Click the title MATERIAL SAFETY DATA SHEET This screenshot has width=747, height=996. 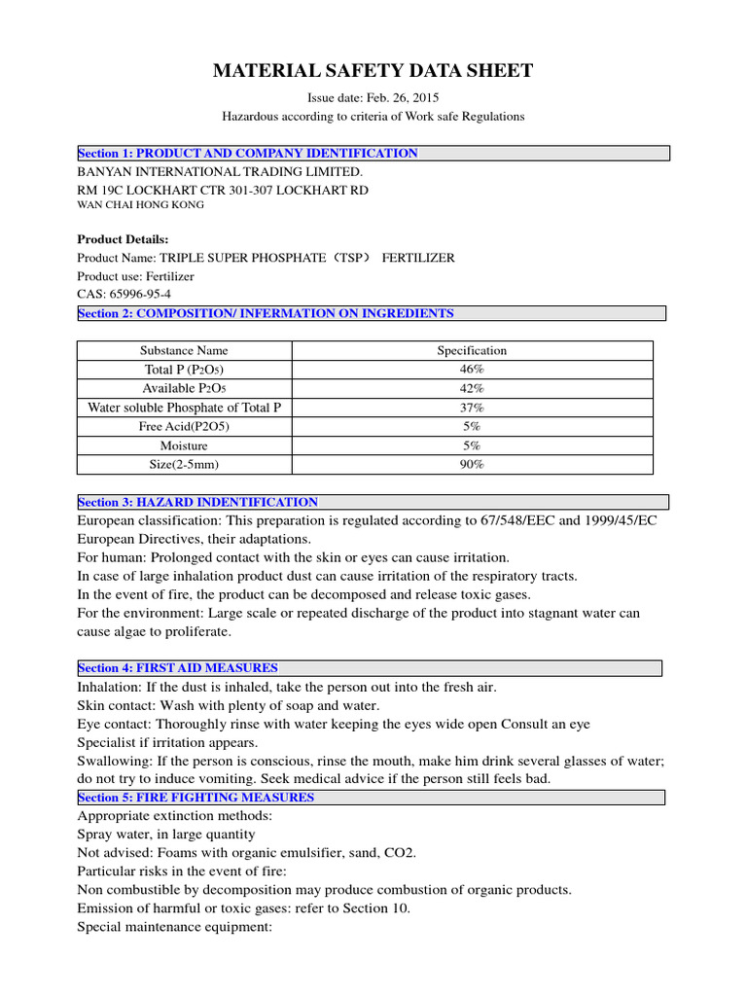click(373, 71)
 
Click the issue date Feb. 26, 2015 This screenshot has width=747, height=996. click(373, 97)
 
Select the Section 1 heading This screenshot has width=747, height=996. click(248, 154)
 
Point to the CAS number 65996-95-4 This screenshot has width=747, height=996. click(124, 294)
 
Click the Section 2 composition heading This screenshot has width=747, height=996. click(266, 313)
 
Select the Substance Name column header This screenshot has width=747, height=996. click(184, 350)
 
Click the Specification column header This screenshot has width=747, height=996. click(472, 350)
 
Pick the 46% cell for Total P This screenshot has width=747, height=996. click(472, 370)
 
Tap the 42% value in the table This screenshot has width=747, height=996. click(472, 388)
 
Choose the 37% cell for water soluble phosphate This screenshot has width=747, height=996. click(472, 408)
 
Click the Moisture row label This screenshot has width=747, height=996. click(184, 445)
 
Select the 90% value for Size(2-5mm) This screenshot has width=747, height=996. click(472, 464)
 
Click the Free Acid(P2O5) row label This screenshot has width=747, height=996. click(184, 426)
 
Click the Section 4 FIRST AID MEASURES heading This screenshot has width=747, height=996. click(178, 668)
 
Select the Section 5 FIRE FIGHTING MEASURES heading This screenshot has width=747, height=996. click(196, 798)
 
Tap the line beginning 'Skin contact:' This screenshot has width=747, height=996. click(229, 705)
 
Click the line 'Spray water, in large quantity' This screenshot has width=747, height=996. click(166, 835)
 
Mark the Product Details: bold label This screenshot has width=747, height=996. click(123, 239)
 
